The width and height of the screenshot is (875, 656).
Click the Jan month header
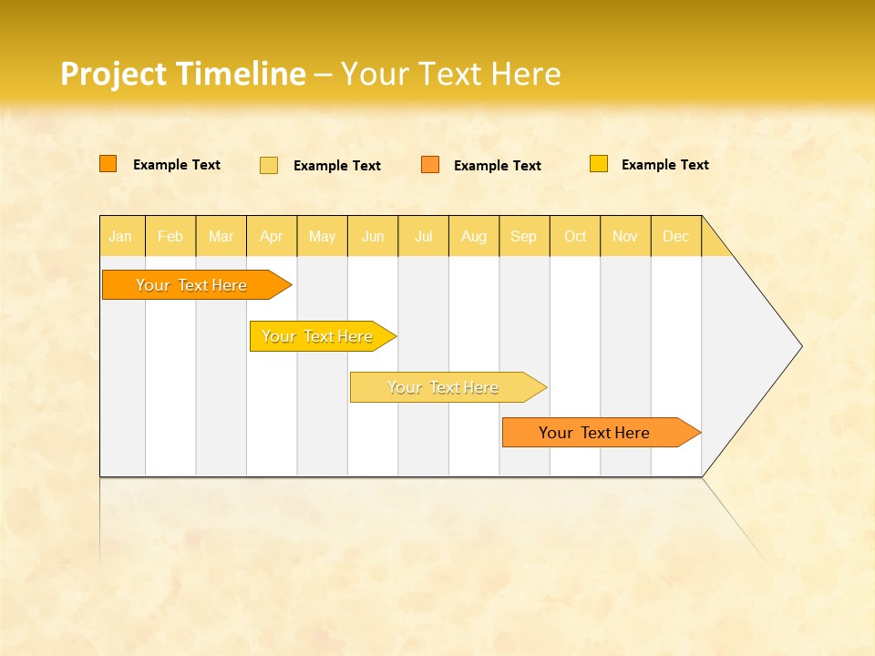[121, 236]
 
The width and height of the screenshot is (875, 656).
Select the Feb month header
[170, 236]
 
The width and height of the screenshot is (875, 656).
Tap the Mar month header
[221, 236]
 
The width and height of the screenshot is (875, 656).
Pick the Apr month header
[272, 236]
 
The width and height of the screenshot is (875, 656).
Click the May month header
[322, 236]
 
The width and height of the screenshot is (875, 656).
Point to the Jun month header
[373, 236]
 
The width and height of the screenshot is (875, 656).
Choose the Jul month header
[423, 236]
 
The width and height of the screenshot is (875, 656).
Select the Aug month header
[474, 236]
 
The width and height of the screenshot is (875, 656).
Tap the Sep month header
[524, 236]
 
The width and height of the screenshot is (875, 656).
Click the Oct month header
[575, 236]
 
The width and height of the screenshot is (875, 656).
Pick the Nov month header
[625, 236]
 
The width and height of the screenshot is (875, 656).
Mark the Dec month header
[676, 236]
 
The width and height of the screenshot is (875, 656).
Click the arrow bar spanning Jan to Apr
[192, 285]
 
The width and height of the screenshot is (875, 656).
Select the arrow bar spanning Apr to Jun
[318, 336]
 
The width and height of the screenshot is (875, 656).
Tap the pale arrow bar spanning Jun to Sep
[444, 387]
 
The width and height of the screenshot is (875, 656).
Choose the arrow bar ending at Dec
[595, 433]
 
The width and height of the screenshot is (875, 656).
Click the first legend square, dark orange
[108, 164]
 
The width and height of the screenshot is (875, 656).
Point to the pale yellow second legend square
[269, 165]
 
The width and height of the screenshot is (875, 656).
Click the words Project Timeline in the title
[183, 74]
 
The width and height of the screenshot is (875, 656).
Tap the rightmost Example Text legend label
[664, 165]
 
